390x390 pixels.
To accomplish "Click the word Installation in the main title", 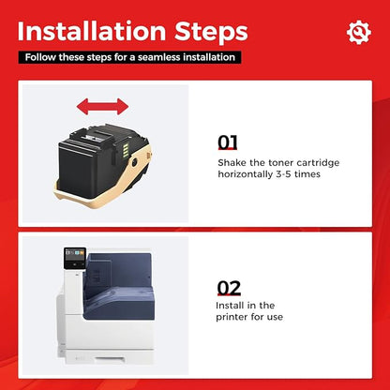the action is click(x=92, y=31).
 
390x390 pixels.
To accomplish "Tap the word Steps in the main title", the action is click(x=211, y=33).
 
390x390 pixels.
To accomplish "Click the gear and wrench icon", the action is click(x=359, y=32).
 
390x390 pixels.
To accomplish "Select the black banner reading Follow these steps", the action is click(x=129, y=57).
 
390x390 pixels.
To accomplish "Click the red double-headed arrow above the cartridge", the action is click(x=102, y=107).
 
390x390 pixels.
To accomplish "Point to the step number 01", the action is click(x=228, y=142).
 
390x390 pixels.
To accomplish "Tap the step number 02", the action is click(x=229, y=288).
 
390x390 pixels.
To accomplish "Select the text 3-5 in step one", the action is click(x=283, y=174).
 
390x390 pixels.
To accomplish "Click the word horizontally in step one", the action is click(x=246, y=174).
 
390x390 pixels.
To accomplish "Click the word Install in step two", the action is click(x=228, y=306).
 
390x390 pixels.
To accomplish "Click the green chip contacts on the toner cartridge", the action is click(x=125, y=148).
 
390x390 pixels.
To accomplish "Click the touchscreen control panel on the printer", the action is click(x=75, y=258).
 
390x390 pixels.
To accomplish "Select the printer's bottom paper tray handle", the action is click(x=109, y=359).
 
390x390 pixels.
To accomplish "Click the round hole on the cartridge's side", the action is click(x=134, y=162).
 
